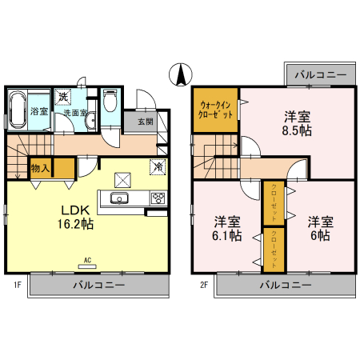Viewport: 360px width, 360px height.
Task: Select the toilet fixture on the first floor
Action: click(111, 101)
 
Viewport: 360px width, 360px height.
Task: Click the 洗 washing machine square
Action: click(62, 97)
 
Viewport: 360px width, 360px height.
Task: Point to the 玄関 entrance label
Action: click(145, 122)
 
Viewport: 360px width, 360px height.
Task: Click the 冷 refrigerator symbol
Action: click(158, 167)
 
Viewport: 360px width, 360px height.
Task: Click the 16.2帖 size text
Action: click(76, 225)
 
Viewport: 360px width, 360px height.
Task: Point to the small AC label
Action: click(88, 260)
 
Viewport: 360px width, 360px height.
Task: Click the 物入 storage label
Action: click(41, 168)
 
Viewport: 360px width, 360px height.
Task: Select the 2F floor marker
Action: click(204, 284)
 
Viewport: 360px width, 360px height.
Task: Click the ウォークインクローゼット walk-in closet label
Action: click(216, 109)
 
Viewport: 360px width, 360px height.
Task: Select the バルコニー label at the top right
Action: click(320, 74)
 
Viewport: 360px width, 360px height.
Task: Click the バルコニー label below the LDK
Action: click(99, 285)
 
